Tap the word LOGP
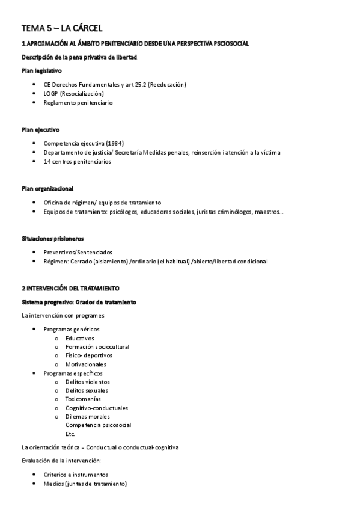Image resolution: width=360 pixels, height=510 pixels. coord(51,93)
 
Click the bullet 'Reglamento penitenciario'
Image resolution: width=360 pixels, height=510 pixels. coord(78,103)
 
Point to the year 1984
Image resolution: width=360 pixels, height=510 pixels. coord(115,143)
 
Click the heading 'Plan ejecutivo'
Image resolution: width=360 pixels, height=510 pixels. coord(40,130)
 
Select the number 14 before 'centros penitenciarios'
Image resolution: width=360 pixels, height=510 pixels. coord(47,162)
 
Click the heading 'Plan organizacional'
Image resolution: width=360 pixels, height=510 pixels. coord(47,189)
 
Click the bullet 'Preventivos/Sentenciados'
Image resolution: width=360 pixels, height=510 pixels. coord(78,252)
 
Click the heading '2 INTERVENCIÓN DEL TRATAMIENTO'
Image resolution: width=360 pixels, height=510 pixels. coord(70,289)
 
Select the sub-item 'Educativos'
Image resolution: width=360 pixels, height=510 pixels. coord(80,338)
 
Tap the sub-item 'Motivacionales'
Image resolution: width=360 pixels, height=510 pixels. coord(85,364)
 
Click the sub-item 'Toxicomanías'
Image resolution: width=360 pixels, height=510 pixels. coord(83,399)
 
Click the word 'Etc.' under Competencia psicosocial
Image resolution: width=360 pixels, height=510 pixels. coord(70,434)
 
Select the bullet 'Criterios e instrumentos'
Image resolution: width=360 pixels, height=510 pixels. coord(76,475)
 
